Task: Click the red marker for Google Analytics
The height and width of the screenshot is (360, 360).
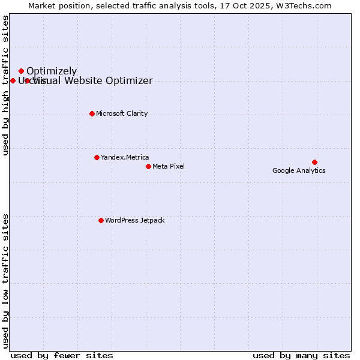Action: [314, 162]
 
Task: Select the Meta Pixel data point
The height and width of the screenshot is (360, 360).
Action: [148, 166]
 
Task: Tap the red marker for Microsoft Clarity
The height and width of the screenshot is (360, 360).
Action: [92, 113]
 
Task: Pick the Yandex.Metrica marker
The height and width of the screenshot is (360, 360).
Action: [97, 157]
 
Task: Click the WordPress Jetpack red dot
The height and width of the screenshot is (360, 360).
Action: [101, 220]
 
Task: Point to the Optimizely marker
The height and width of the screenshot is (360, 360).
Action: [21, 71]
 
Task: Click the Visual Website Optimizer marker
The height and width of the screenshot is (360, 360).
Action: [27, 80]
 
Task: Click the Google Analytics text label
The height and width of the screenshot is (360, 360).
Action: [299, 170]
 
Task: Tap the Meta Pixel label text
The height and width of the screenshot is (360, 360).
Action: [169, 166]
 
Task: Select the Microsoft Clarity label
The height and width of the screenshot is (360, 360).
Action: [122, 113]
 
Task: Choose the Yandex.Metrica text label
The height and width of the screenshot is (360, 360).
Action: [125, 157]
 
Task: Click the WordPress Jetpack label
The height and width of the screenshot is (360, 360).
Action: [134, 220]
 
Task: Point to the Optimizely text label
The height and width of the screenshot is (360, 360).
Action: [52, 71]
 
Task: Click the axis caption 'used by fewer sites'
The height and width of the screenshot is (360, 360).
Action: [62, 355]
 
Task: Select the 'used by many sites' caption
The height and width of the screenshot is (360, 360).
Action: [301, 355]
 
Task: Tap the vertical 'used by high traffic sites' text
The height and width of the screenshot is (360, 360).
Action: [5, 85]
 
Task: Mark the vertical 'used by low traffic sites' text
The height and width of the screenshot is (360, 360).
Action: [5, 280]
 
